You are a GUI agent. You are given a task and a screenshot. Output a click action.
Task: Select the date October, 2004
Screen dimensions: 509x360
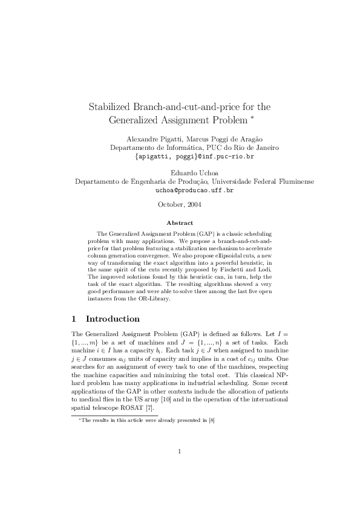pyautogui.click(x=179, y=204)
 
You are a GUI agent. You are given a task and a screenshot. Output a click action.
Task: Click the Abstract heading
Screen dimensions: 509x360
pyautogui.click(x=180, y=223)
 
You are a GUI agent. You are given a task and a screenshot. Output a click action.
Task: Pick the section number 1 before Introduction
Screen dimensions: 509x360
pyautogui.click(x=74, y=319)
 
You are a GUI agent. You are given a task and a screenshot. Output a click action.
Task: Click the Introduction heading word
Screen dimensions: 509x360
pyautogui.click(x=113, y=319)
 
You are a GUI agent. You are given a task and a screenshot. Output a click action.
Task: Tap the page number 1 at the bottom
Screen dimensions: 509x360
pyautogui.click(x=180, y=467)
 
